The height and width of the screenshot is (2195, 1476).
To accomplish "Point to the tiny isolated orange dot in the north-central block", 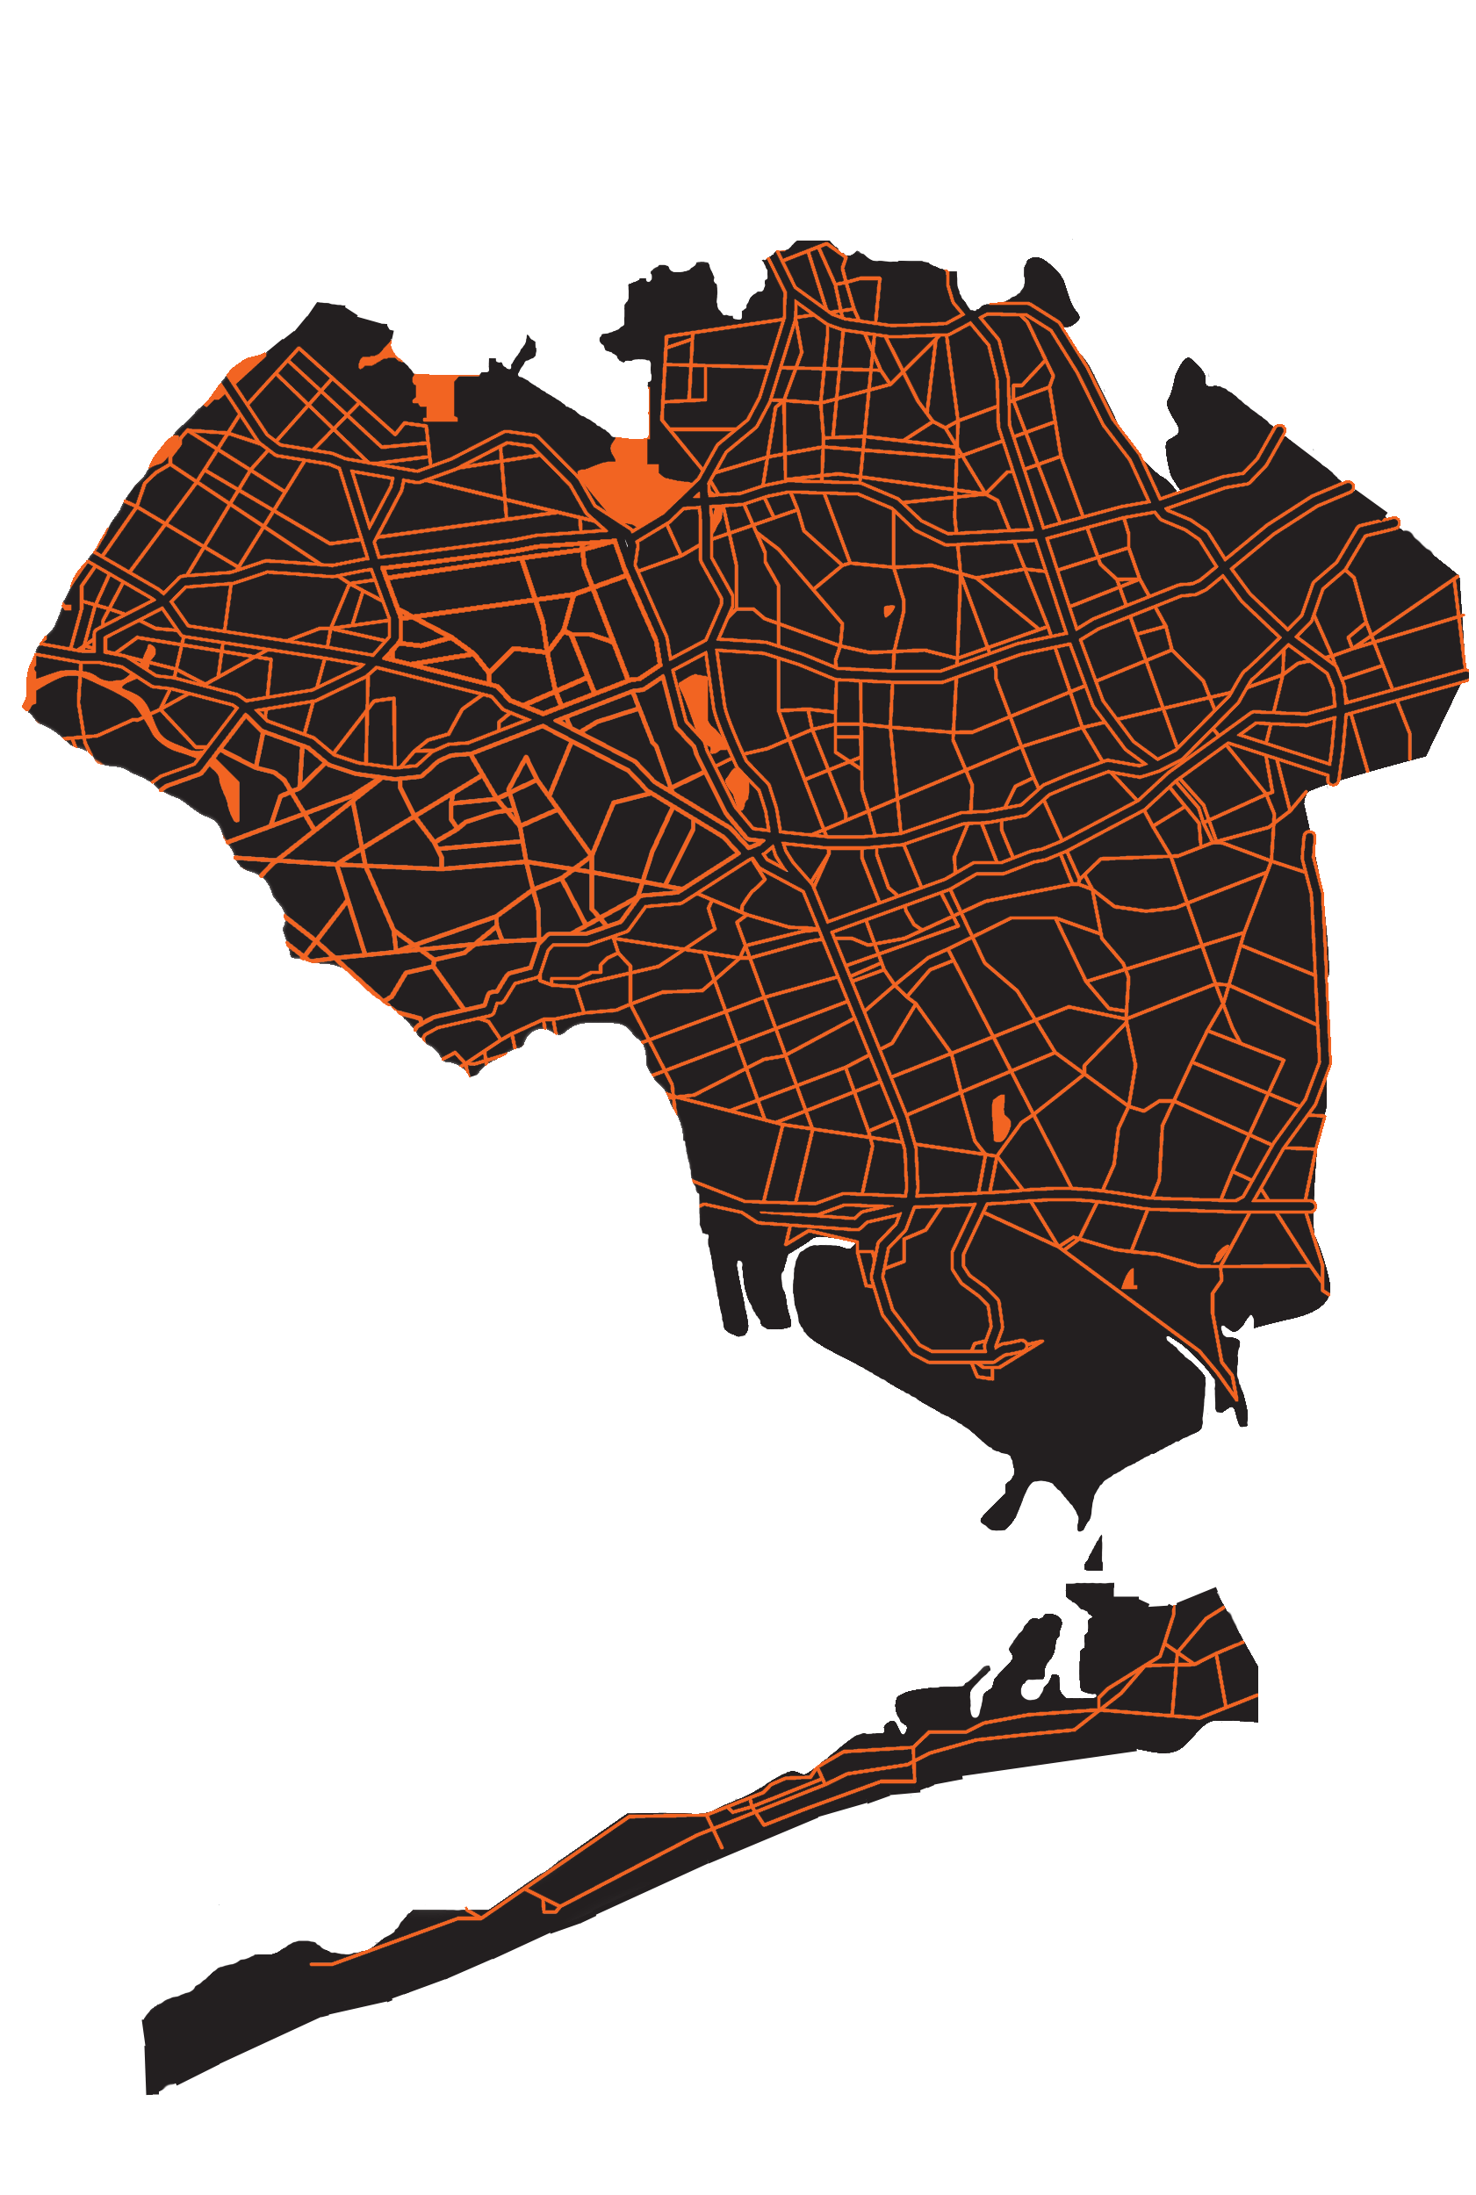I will tap(888, 611).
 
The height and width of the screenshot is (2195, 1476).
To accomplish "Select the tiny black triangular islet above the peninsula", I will tap(1094, 1554).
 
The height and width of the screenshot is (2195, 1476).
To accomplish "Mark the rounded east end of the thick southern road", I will tap(1311, 1205).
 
